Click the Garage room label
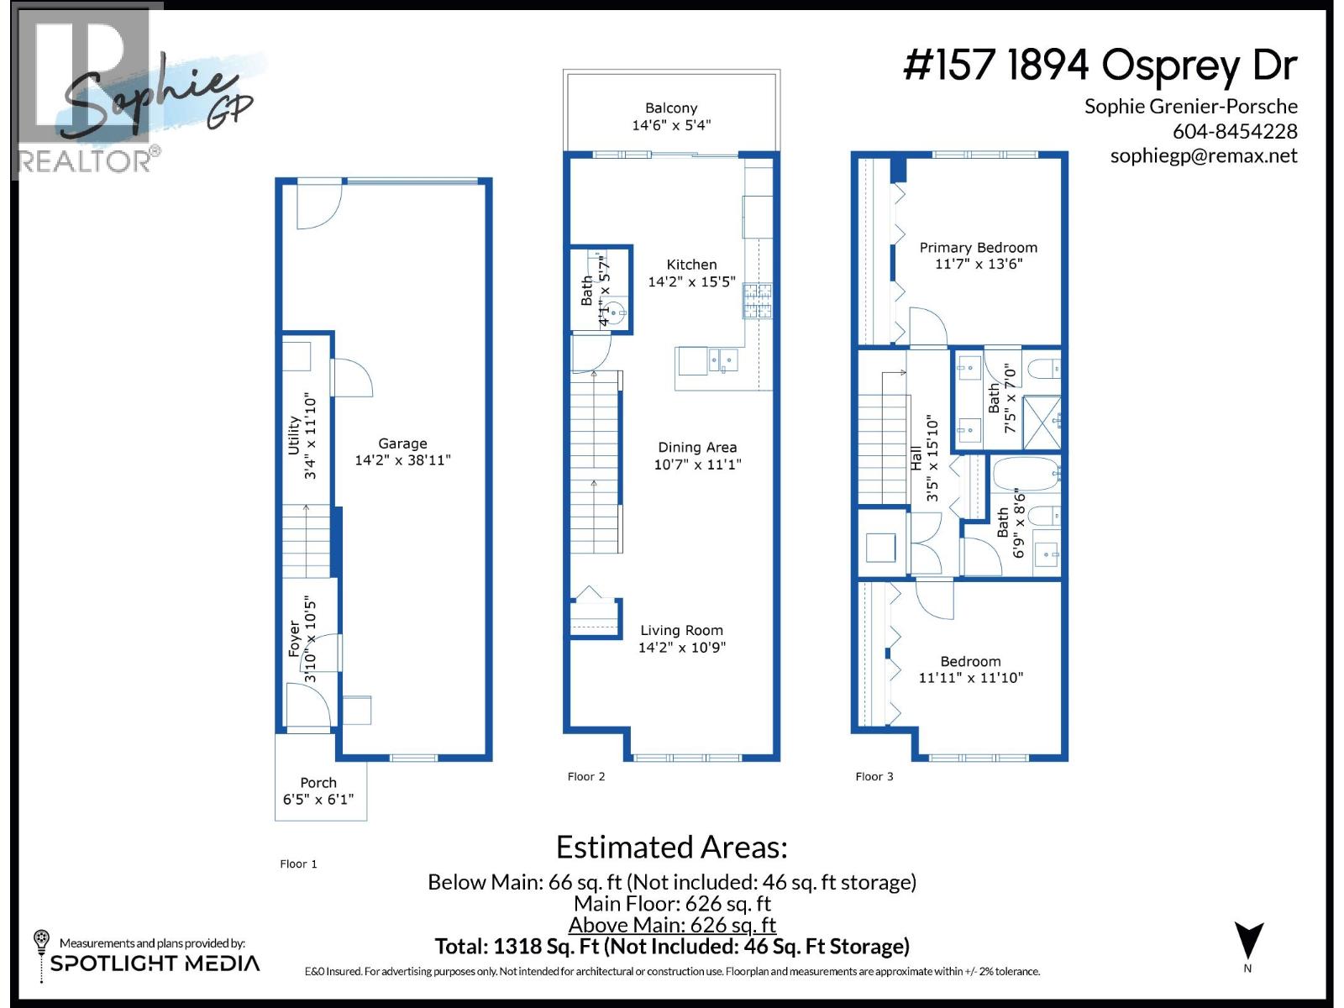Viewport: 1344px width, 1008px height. click(402, 444)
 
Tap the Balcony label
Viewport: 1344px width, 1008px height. click(671, 108)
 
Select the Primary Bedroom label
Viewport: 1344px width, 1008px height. click(978, 248)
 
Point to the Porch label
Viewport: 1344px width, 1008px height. click(318, 783)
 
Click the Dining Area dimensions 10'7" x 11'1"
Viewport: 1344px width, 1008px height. click(697, 465)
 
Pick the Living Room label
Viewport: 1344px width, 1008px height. click(681, 631)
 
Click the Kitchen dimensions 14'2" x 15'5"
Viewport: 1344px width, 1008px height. click(691, 282)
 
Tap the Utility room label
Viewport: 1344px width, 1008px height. click(294, 435)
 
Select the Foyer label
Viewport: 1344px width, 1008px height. click(294, 638)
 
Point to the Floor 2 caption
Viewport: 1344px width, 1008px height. click(586, 776)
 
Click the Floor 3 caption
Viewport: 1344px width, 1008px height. click(874, 776)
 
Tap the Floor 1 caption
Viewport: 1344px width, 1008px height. click(298, 864)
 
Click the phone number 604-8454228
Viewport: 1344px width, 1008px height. click(1235, 132)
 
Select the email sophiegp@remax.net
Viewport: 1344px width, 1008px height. click(1203, 156)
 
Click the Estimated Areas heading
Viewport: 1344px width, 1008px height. click(671, 847)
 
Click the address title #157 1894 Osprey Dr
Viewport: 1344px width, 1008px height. click(1100, 66)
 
